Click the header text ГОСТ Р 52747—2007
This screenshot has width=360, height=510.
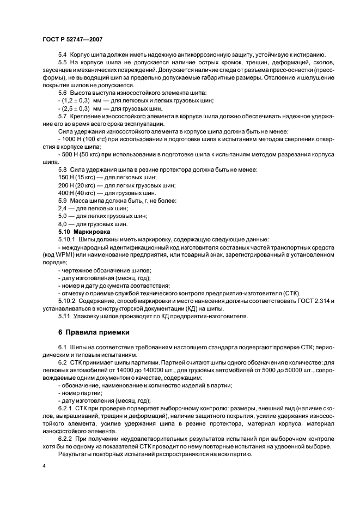72,40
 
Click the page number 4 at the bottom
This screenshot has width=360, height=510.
44,466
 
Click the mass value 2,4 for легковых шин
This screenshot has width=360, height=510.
62,208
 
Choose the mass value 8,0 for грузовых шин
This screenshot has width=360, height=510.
62,223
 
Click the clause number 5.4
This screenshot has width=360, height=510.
62,55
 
